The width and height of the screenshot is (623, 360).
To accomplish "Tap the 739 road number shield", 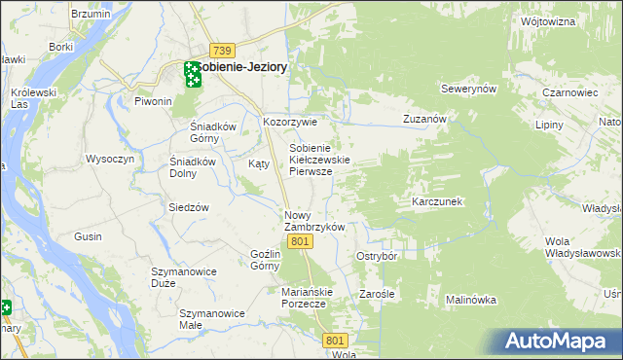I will tap(223, 50).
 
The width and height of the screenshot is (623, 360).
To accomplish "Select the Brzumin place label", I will tap(91, 16).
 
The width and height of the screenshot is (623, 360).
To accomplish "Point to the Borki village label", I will tap(61, 46).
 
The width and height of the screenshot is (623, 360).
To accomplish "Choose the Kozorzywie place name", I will tap(290, 123).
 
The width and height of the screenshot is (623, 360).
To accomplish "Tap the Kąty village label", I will tap(258, 163).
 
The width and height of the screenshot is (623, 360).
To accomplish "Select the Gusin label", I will tap(88, 236).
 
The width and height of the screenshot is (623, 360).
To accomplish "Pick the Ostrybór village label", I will tap(377, 256).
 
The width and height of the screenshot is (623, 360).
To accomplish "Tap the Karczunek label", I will tap(436, 201).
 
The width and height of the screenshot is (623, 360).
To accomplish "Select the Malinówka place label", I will tap(472, 301).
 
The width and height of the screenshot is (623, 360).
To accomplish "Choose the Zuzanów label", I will tap(424, 119).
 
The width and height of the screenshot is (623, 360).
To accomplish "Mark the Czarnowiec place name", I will tap(564, 93).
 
